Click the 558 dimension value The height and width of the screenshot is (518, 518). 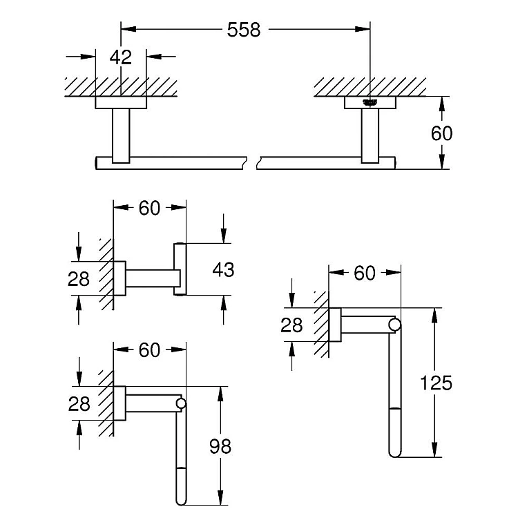point(244,30)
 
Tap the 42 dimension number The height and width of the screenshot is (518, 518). point(121,57)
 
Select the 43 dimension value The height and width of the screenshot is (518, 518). point(223,269)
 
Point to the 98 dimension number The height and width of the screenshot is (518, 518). point(220,446)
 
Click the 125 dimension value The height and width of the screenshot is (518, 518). point(436,383)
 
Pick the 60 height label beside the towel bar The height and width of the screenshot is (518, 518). point(442,133)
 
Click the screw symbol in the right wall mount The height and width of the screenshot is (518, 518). point(370,102)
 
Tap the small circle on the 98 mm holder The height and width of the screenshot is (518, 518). point(181,403)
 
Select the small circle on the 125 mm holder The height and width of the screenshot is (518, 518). point(395,325)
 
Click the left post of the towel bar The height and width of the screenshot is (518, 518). point(121,135)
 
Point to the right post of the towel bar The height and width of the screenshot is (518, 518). point(370,135)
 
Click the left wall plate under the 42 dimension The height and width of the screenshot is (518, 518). point(121,102)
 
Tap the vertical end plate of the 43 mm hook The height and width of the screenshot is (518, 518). point(180,269)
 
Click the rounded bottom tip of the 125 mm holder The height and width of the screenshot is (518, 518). point(395,455)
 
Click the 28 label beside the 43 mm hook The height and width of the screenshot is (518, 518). point(79,278)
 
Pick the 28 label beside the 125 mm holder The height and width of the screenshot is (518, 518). point(291,325)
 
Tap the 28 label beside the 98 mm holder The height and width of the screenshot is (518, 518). point(79,404)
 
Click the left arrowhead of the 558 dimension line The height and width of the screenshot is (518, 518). point(128,30)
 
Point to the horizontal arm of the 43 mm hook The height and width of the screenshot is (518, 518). point(153,278)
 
